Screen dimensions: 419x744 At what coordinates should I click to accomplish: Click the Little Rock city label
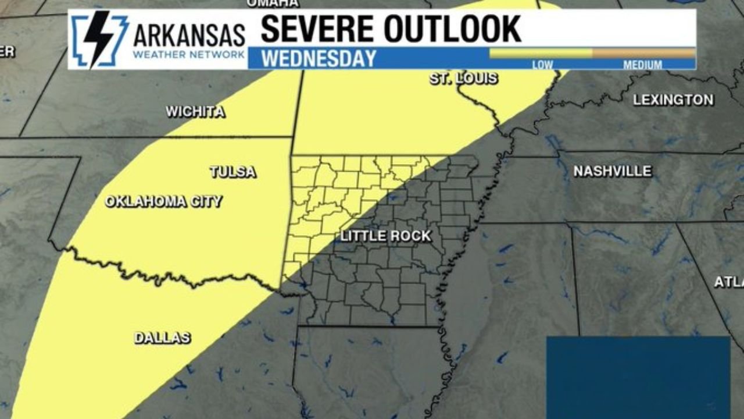pyautogui.click(x=385, y=236)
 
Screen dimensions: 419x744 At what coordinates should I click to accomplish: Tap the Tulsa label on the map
pyautogui.click(x=233, y=172)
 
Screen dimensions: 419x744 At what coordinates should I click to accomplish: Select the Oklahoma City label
pyautogui.click(x=163, y=202)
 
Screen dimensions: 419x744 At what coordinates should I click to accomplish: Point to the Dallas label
pyautogui.click(x=162, y=338)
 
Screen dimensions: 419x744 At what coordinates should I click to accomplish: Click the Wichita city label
pyautogui.click(x=195, y=112)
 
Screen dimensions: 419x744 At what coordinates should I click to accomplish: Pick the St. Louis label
pyautogui.click(x=463, y=79)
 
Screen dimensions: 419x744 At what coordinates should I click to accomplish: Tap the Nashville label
pyautogui.click(x=612, y=171)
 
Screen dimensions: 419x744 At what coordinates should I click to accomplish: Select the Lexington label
pyautogui.click(x=673, y=100)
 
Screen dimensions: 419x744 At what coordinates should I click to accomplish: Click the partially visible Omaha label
pyautogui.click(x=273, y=3)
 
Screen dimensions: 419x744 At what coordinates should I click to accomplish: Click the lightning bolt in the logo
pyautogui.click(x=98, y=40)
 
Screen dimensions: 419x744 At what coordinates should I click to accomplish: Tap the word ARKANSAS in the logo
pyautogui.click(x=189, y=35)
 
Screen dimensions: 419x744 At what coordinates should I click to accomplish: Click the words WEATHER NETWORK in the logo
pyautogui.click(x=189, y=55)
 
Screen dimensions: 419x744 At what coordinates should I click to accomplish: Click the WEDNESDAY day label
pyautogui.click(x=319, y=59)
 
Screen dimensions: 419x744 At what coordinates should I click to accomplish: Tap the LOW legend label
pyautogui.click(x=542, y=65)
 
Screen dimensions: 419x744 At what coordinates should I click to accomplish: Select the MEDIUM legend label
pyautogui.click(x=642, y=65)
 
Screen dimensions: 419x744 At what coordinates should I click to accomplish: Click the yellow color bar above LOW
pyautogui.click(x=541, y=53)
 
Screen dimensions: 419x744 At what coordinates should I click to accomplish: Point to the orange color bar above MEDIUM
pyautogui.click(x=643, y=53)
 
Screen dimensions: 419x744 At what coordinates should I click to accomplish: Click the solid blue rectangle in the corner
pyautogui.click(x=638, y=377)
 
